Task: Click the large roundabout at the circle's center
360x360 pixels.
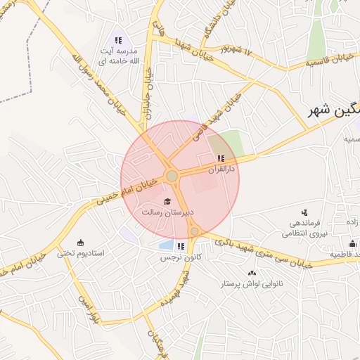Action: tap(171, 175)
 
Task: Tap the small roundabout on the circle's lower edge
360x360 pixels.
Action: tap(194, 231)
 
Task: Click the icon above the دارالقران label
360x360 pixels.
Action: tap(221, 158)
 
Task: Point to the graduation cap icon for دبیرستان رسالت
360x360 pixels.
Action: tap(167, 202)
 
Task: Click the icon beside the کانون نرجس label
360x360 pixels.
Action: tap(181, 246)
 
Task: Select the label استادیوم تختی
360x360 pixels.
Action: tap(80, 253)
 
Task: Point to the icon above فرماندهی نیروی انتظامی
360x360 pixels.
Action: tap(304, 212)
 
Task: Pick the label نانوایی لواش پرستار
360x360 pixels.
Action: tap(252, 283)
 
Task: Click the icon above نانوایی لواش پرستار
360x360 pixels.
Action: tap(252, 273)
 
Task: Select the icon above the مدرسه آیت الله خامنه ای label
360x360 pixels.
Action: tap(119, 40)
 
